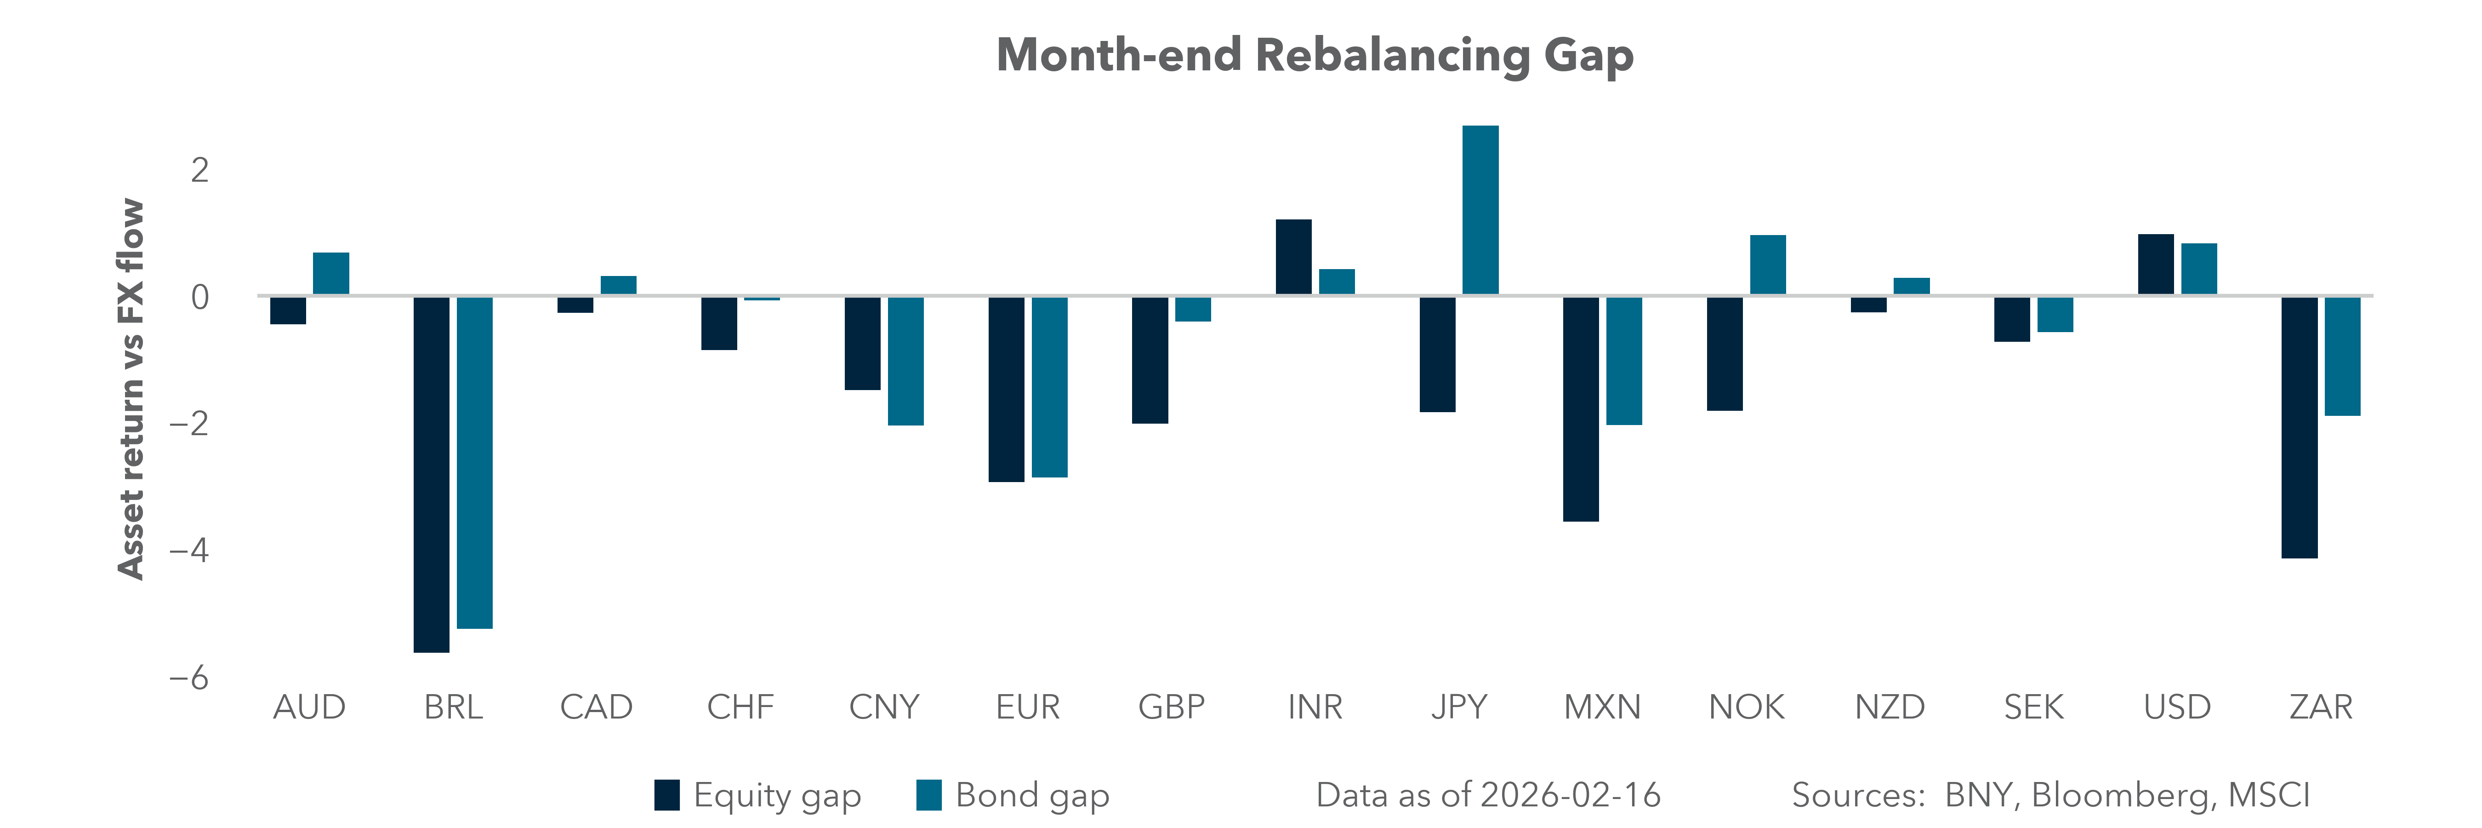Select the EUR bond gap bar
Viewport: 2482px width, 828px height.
click(1049, 386)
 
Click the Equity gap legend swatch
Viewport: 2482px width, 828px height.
click(667, 795)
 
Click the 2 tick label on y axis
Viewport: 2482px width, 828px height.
click(199, 171)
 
